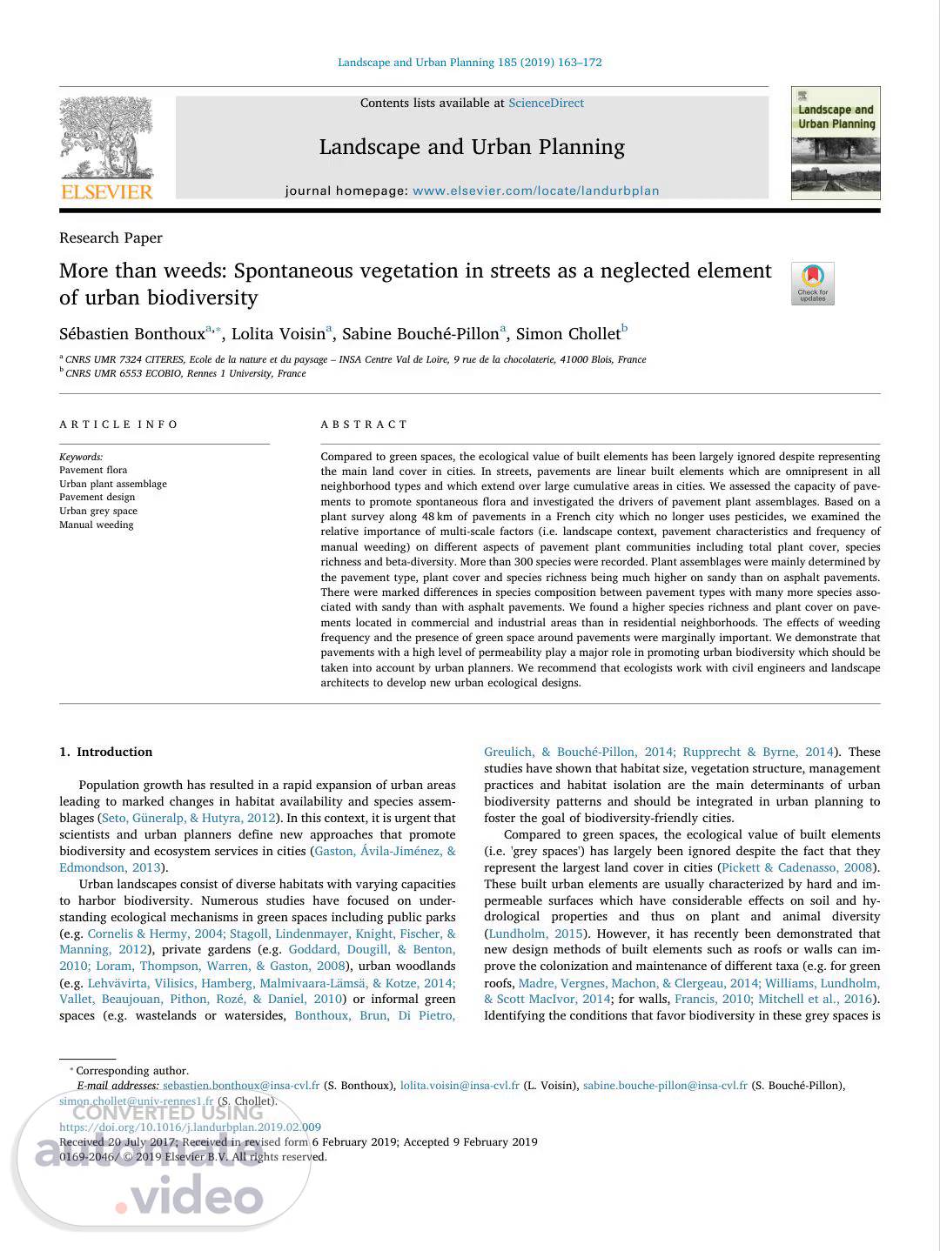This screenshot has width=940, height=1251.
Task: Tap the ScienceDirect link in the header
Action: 546,103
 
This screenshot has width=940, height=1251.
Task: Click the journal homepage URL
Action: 535,191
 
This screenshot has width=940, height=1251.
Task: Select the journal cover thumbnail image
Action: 836,143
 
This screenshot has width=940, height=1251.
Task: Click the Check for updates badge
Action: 812,284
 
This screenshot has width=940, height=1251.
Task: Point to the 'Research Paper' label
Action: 111,237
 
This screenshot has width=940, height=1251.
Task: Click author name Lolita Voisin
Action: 278,334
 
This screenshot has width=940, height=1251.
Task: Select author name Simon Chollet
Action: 567,334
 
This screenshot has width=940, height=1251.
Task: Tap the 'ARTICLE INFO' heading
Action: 118,425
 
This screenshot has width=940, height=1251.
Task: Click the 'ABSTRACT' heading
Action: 364,425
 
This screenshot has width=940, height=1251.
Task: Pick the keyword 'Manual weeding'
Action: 96,525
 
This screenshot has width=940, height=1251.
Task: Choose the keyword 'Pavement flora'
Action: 93,470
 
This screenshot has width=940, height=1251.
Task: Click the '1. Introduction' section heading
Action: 105,752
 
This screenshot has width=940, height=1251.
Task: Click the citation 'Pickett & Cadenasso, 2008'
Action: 797,867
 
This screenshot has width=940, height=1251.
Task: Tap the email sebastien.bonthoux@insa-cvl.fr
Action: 241,1085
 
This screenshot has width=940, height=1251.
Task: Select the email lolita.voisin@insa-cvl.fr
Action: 460,1085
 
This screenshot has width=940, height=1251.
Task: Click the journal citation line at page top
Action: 469,63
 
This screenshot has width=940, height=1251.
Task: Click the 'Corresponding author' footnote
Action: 131,1070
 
